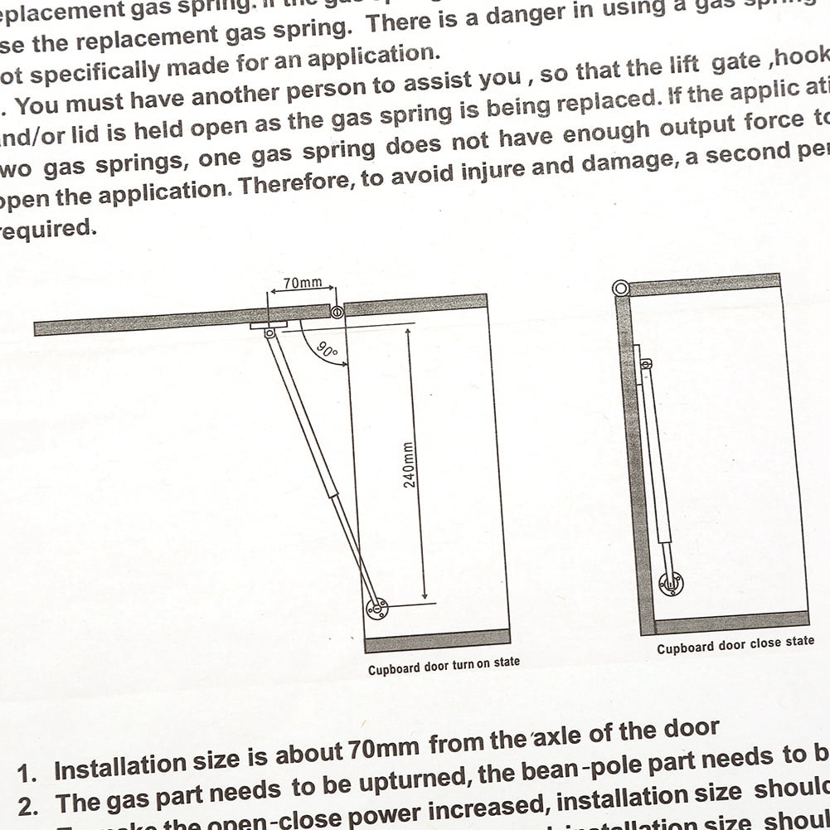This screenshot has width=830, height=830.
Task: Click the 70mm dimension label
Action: pos(302,283)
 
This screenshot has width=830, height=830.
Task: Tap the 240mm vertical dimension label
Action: pos(409,464)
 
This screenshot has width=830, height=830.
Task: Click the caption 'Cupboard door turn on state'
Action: pos(444,665)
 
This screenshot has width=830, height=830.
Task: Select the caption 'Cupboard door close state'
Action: pos(735,645)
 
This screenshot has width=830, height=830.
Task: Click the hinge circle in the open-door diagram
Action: pos(337,313)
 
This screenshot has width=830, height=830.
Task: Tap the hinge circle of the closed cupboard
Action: pos(620,289)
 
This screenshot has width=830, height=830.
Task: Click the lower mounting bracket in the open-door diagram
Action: pos(376,608)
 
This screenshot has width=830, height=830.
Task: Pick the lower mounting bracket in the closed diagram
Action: pos(670,584)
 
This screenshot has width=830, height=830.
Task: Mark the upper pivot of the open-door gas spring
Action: pos(269,332)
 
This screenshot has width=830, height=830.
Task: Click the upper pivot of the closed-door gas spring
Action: pos(646,363)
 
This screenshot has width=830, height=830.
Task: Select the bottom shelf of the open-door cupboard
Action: pos(437,641)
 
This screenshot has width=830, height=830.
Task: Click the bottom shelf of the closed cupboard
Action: pos(731,621)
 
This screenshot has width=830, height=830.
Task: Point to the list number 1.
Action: pos(27,774)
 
